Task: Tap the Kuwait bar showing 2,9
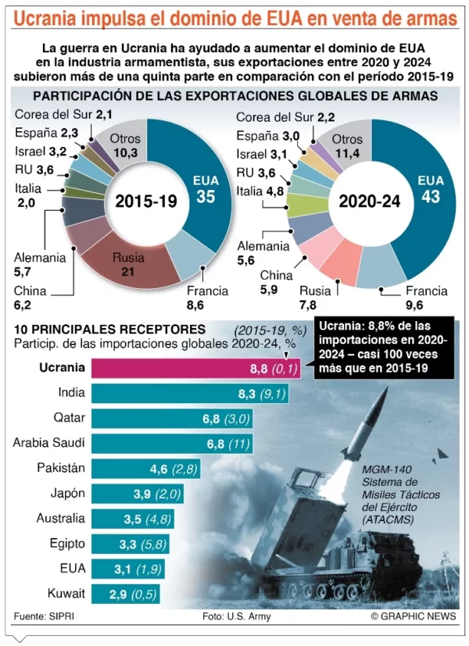tap(126, 593)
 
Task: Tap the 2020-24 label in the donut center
tap(370, 201)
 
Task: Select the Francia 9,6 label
tap(426, 298)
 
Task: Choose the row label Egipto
tap(66, 543)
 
